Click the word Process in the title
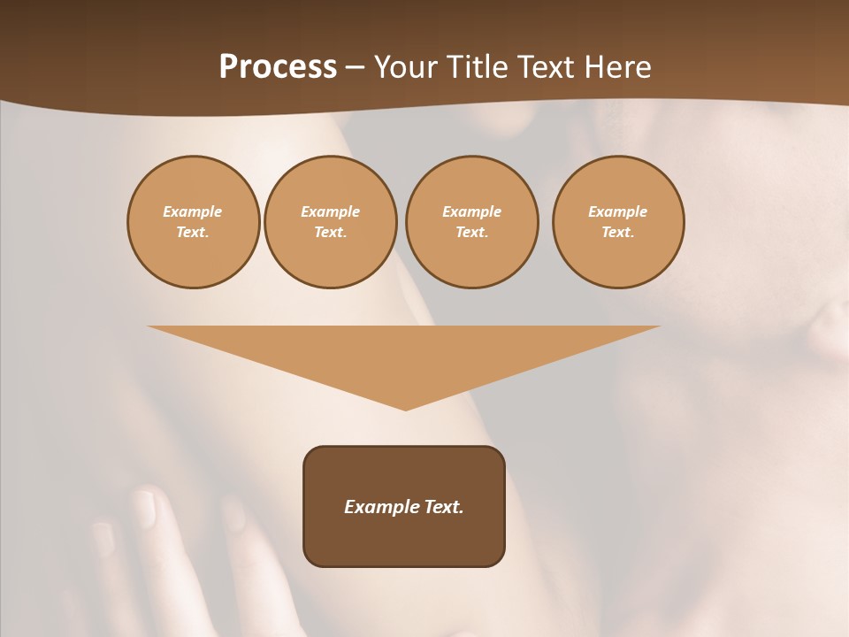(x=278, y=67)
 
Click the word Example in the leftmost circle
(x=193, y=211)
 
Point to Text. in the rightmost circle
(x=617, y=233)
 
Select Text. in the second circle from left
(x=330, y=233)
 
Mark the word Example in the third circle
(x=471, y=211)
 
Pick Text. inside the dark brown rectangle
(x=442, y=507)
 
